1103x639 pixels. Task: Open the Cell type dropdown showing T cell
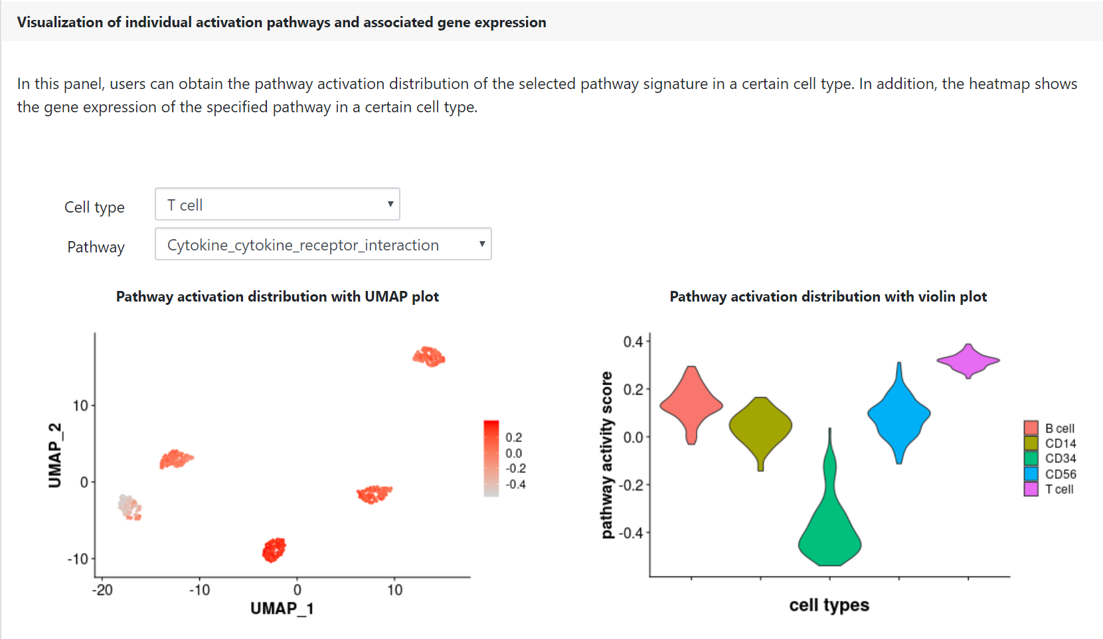pyautogui.click(x=277, y=204)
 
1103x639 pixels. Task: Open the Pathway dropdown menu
pyautogui.click(x=323, y=244)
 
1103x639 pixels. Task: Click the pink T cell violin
pyautogui.click(x=968, y=361)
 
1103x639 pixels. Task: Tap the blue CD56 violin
pyautogui.click(x=899, y=414)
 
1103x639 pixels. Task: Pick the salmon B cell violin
pyautogui.click(x=691, y=405)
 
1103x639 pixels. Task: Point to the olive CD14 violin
pyautogui.click(x=761, y=426)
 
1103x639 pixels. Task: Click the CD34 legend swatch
pyautogui.click(x=1031, y=459)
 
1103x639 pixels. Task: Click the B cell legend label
pyautogui.click(x=1060, y=428)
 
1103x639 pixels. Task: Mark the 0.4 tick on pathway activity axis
pyautogui.click(x=634, y=341)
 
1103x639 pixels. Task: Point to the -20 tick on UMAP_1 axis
pyautogui.click(x=102, y=590)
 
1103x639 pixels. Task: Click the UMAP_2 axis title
pyautogui.click(x=55, y=455)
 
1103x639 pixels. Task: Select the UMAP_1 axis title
pyautogui.click(x=282, y=608)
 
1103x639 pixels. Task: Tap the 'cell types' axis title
pyautogui.click(x=829, y=605)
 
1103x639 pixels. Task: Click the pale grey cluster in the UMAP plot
pyautogui.click(x=129, y=507)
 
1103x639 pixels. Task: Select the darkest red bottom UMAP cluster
pyautogui.click(x=274, y=550)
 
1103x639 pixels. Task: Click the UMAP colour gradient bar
pyautogui.click(x=491, y=458)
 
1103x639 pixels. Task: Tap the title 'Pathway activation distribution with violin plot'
pyautogui.click(x=828, y=297)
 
